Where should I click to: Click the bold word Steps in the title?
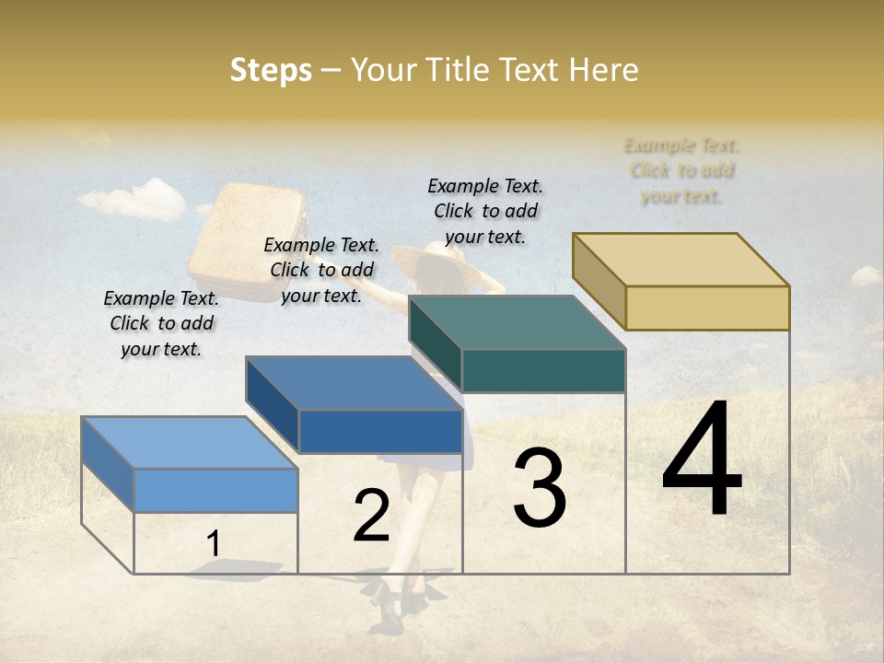tap(271, 70)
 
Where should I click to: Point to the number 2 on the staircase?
tap(371, 516)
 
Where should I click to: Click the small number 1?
tap(213, 544)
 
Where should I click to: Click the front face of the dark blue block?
tap(380, 431)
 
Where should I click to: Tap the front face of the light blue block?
tap(215, 490)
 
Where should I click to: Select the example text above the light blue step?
tap(161, 323)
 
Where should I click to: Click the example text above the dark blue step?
tap(321, 270)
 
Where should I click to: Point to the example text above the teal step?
tap(485, 211)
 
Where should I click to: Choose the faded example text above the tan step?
tap(681, 170)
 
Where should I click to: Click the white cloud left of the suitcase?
tap(134, 199)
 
